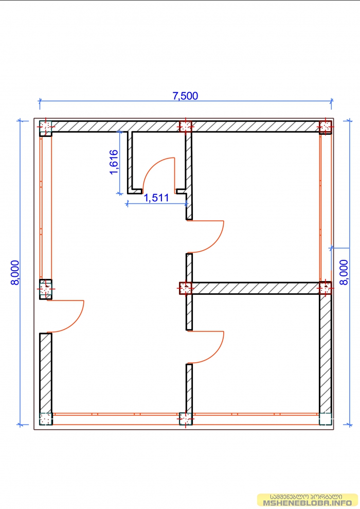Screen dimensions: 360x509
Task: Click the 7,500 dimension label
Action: tap(185, 96)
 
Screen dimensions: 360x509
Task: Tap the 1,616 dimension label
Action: tap(114, 162)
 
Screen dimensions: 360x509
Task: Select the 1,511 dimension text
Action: tap(156, 198)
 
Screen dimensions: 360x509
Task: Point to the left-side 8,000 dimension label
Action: tap(15, 273)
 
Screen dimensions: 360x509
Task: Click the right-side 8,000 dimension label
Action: tap(344, 272)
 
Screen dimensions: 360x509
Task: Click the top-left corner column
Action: tap(45, 128)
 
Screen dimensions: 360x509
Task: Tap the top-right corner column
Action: tap(326, 127)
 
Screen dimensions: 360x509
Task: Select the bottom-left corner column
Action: tap(46, 419)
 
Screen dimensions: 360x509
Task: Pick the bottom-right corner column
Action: tap(326, 419)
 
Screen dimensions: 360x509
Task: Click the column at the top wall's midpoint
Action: tap(186, 126)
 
